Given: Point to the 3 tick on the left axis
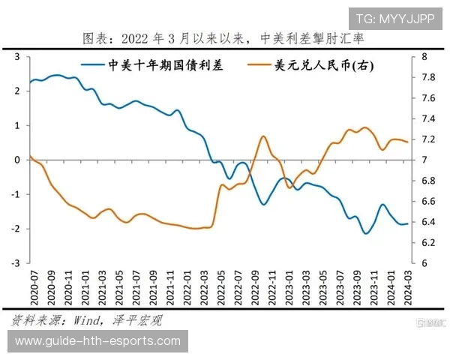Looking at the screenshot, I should (x=16, y=57).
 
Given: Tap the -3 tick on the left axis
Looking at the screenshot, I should (x=15, y=263).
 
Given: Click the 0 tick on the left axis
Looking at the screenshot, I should (x=16, y=160).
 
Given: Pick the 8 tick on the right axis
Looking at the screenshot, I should (x=424, y=57).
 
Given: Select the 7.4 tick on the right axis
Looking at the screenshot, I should (x=428, y=119).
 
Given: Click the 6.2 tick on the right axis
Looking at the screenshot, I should (x=428, y=243).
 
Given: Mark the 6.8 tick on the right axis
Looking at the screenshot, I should (x=428, y=181).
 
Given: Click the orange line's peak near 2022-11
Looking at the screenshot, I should (x=263, y=136).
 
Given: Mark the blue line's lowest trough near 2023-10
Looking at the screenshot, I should (x=366, y=233).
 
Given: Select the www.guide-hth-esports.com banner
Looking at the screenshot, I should (x=98, y=341).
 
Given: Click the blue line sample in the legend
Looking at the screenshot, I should (x=93, y=65).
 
